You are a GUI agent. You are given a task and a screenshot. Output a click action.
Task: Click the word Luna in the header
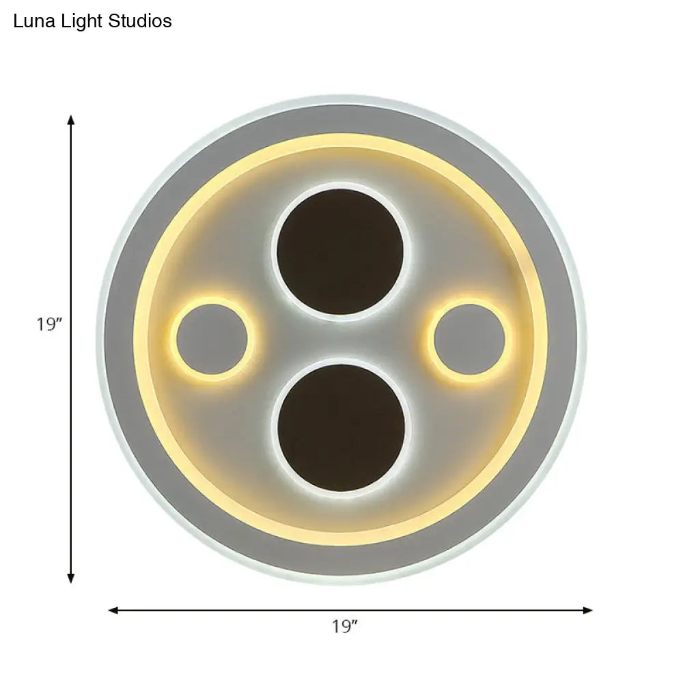tap(31, 22)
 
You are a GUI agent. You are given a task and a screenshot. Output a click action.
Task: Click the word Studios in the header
tap(140, 22)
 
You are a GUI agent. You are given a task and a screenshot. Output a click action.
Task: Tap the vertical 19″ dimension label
tap(50, 324)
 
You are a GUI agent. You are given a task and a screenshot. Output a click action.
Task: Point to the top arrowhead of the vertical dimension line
tap(70, 120)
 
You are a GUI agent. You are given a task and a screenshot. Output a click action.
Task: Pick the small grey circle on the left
tap(212, 339)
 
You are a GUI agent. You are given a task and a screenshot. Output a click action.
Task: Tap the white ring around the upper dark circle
tap(341, 185)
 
